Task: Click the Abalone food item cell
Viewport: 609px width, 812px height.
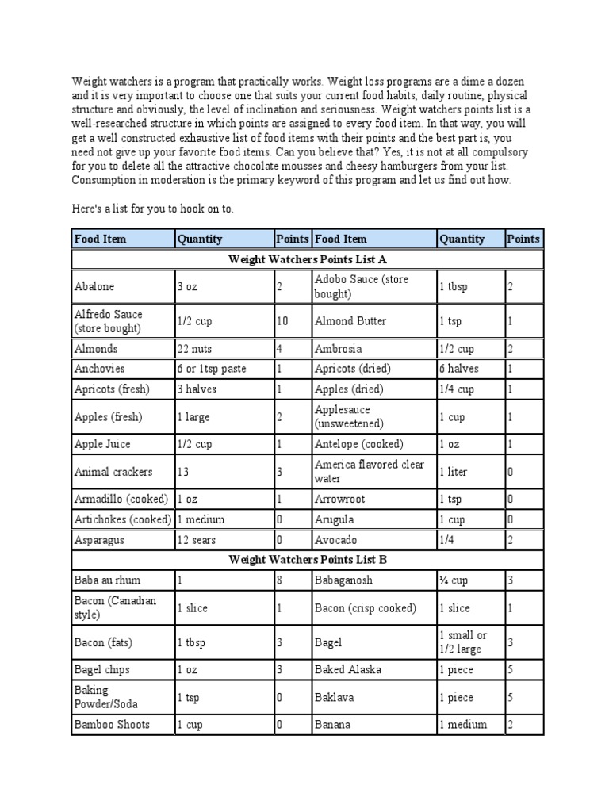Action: tap(123, 287)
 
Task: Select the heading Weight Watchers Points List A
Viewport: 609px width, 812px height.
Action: tap(308, 259)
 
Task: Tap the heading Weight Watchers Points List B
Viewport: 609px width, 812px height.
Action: tap(308, 559)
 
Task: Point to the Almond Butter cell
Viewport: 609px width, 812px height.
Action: tap(373, 321)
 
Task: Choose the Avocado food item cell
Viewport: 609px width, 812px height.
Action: tap(373, 540)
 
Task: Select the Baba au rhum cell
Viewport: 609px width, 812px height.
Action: tap(123, 580)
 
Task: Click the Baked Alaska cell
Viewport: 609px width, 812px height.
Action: tap(373, 669)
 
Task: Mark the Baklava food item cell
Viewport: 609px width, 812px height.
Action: tap(373, 698)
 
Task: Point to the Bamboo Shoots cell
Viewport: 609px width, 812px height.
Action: tap(123, 725)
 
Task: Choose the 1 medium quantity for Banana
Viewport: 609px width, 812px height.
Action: tap(469, 725)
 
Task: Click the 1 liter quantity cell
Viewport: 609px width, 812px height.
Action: tap(469, 472)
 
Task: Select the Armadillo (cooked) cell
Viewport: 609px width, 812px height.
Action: tap(123, 500)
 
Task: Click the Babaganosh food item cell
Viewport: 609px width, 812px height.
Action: tap(373, 580)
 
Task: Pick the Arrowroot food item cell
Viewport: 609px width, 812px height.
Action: tap(373, 500)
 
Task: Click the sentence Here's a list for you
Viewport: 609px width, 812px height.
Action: tap(153, 209)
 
